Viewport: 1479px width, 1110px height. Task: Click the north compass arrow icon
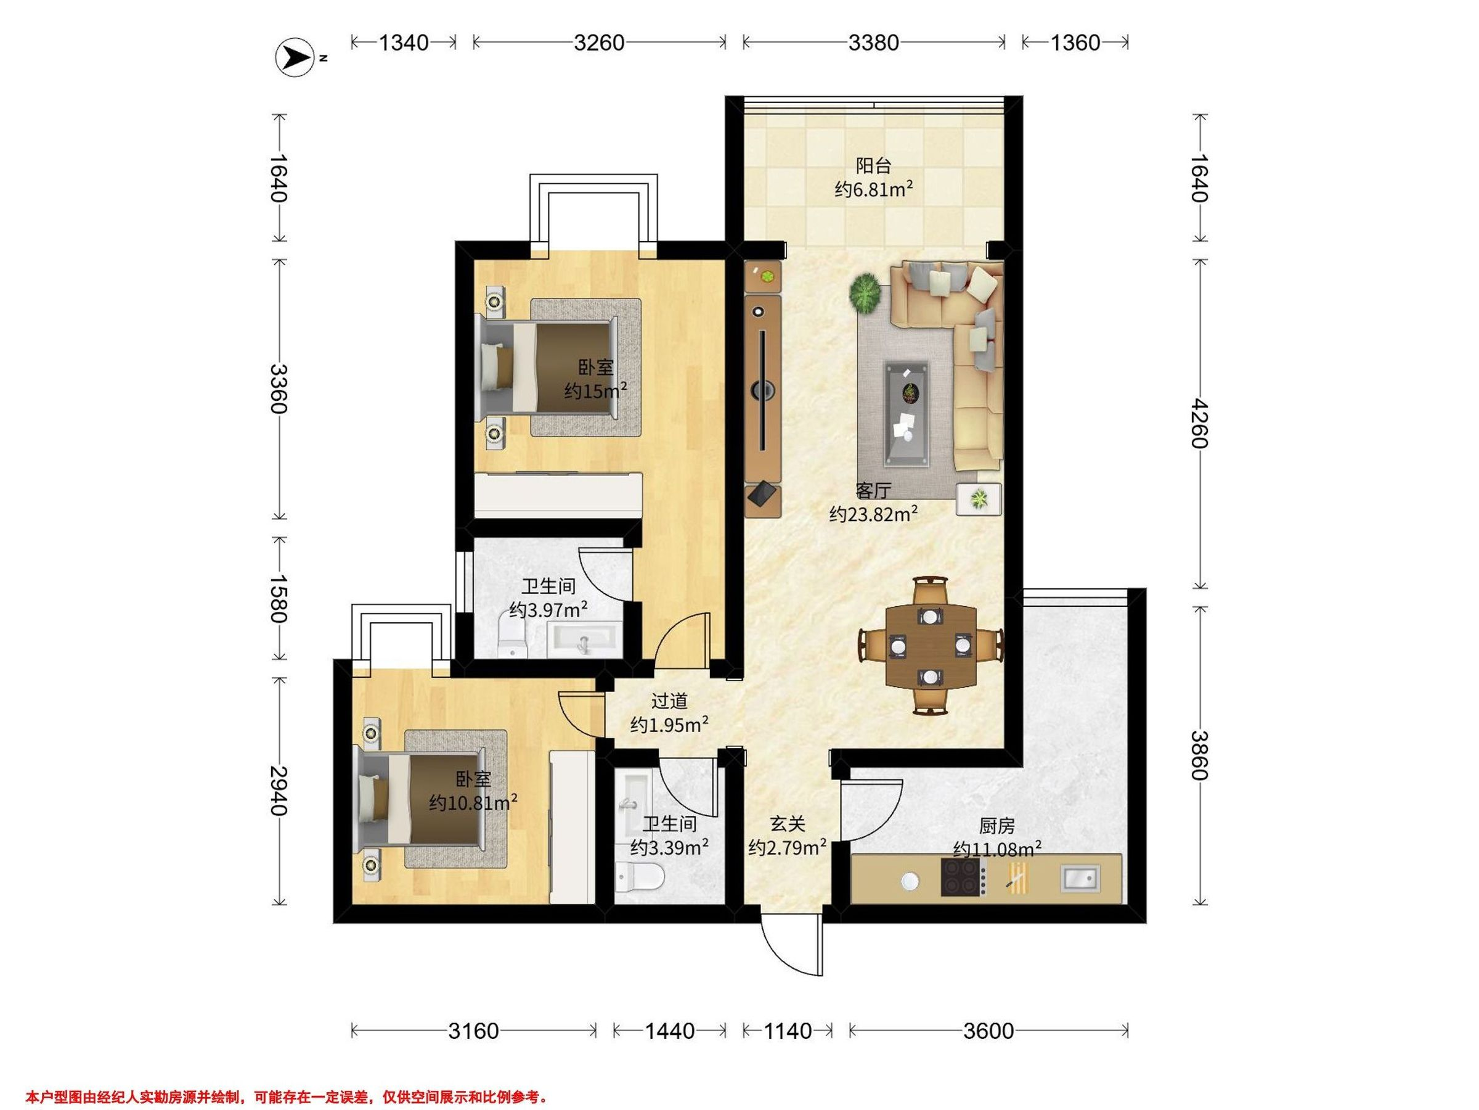pyautogui.click(x=295, y=58)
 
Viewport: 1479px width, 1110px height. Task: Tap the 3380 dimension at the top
pyautogui.click(x=873, y=43)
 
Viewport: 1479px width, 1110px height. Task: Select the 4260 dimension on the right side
pyautogui.click(x=1199, y=424)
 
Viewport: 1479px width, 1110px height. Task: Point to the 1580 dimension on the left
pyautogui.click(x=278, y=598)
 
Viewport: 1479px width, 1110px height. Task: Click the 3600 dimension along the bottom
pyautogui.click(x=988, y=1031)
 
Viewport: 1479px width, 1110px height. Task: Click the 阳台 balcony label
pyautogui.click(x=873, y=165)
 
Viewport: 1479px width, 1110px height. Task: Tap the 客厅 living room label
pyautogui.click(x=873, y=491)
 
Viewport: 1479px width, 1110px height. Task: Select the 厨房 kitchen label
pyautogui.click(x=997, y=826)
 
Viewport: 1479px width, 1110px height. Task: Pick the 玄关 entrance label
pyautogui.click(x=787, y=824)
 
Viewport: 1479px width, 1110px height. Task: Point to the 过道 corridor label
pyautogui.click(x=669, y=701)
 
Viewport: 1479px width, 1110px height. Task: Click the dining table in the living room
pyautogui.click(x=931, y=646)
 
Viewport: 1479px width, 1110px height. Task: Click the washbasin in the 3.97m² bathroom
pyautogui.click(x=584, y=640)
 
